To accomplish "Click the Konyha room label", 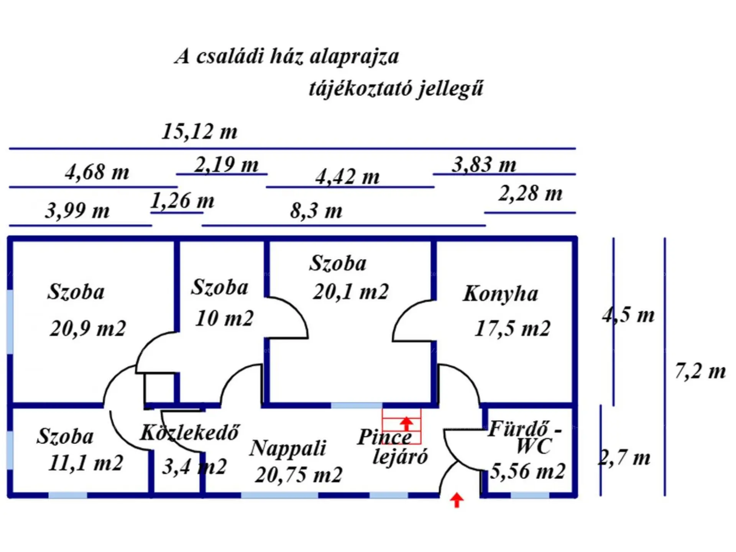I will click(x=500, y=294).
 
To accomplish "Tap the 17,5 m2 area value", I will click(x=513, y=329).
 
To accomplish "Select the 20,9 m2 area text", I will click(x=88, y=329).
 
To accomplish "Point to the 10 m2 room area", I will click(x=224, y=319).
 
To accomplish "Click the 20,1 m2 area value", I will click(x=351, y=292).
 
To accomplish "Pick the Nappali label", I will click(x=287, y=448).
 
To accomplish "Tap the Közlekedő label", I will click(x=189, y=433).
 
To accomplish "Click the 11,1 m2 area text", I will click(x=86, y=463).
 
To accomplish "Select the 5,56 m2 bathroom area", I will click(x=528, y=471).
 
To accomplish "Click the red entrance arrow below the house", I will click(x=456, y=500).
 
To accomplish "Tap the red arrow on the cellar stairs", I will click(x=406, y=424).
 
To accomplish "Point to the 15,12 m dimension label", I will click(x=200, y=131).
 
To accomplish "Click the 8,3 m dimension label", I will click(x=316, y=211).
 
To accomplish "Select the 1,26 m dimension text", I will click(x=182, y=201).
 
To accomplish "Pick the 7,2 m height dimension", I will click(x=700, y=371).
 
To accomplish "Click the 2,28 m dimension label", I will click(x=531, y=193).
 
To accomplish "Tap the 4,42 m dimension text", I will click(x=348, y=177).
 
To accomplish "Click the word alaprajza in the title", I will click(x=354, y=57).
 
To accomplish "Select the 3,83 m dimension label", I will click(x=484, y=165).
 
